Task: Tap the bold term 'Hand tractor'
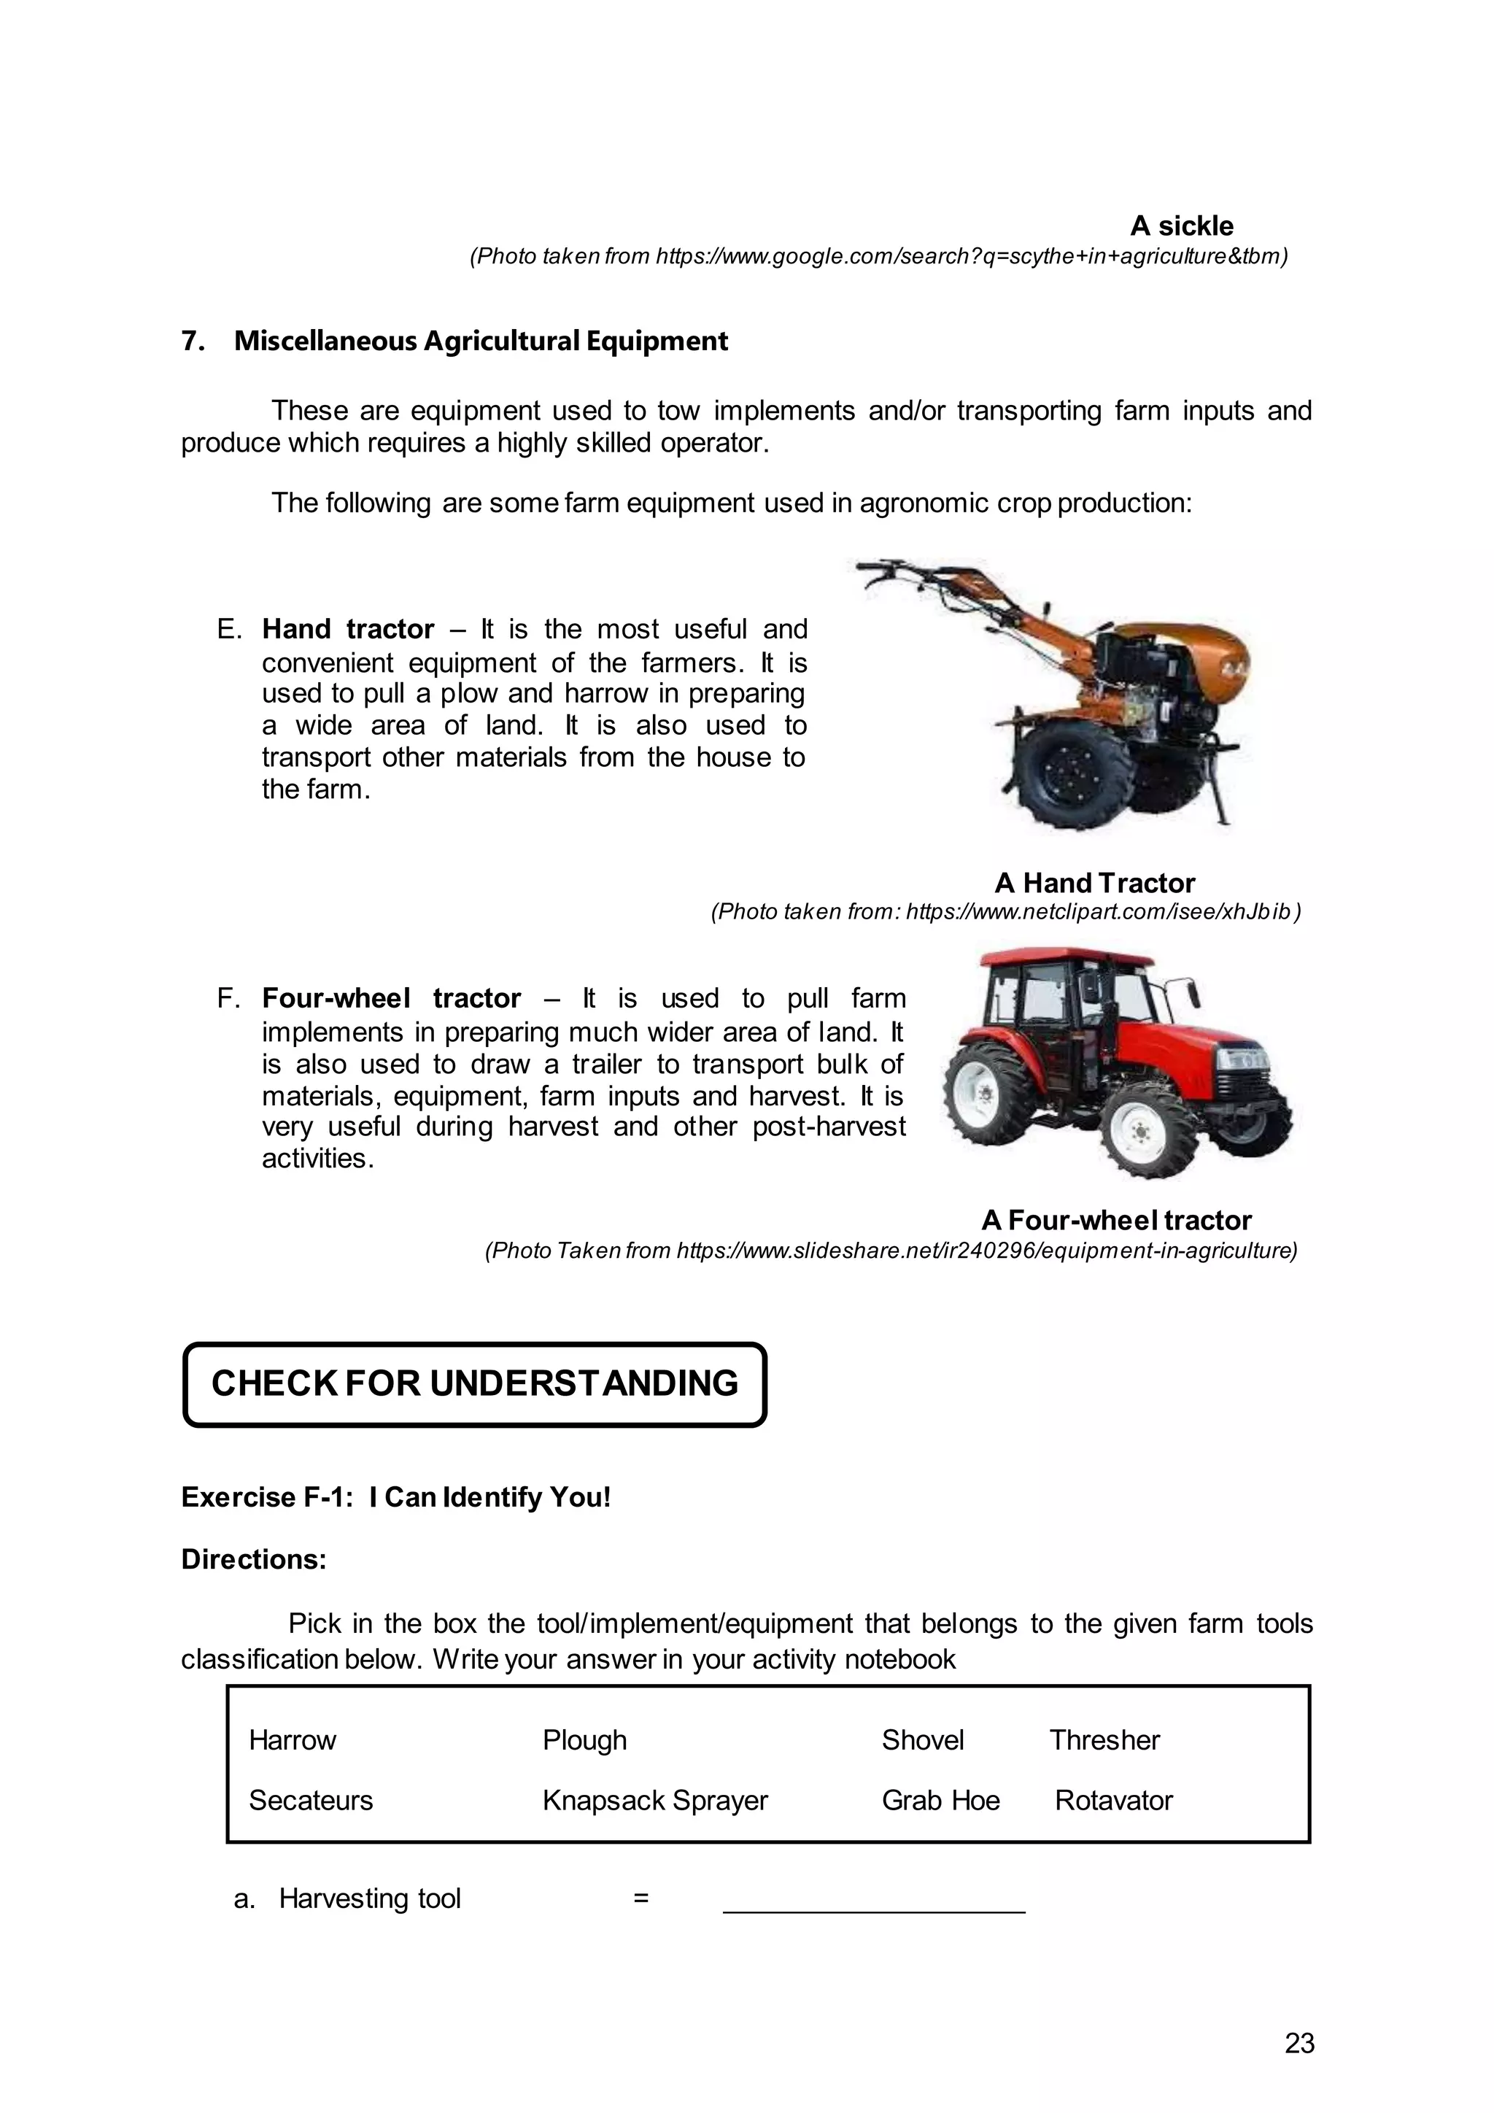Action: (348, 630)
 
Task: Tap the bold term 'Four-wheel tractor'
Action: (391, 999)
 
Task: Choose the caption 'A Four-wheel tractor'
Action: (1116, 1221)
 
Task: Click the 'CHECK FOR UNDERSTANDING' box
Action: (475, 1384)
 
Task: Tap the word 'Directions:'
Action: (254, 1560)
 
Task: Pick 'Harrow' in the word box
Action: (293, 1741)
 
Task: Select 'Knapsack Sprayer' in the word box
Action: (654, 1801)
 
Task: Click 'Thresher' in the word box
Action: (1104, 1741)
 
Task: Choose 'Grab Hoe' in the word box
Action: (940, 1801)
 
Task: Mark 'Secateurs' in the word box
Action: (311, 1801)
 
